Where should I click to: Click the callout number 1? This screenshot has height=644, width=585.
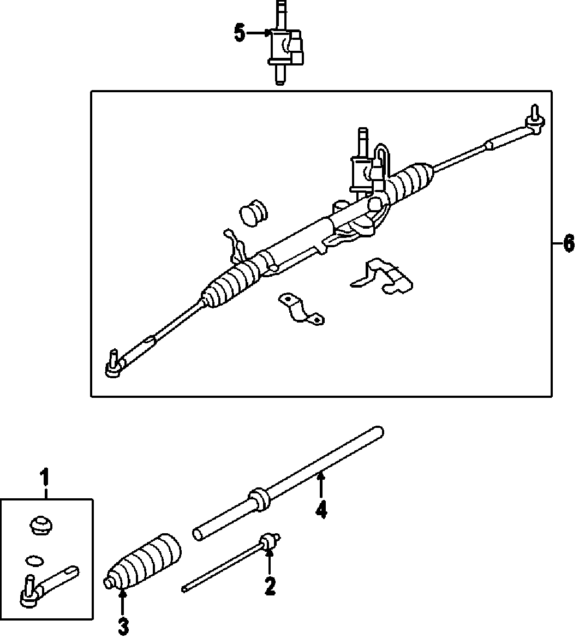pyautogui.click(x=45, y=479)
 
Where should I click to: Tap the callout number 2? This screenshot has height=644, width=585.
pyautogui.click(x=270, y=587)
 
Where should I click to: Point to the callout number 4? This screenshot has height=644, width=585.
pyautogui.click(x=321, y=510)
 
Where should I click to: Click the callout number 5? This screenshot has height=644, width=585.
pyautogui.click(x=240, y=33)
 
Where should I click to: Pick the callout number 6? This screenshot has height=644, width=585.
pyautogui.click(x=569, y=243)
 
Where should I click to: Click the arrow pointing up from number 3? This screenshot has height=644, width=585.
pyautogui.click(x=123, y=603)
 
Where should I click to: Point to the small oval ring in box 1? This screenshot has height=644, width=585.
pyautogui.click(x=34, y=559)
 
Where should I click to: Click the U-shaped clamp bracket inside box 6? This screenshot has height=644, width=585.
pyautogui.click(x=301, y=309)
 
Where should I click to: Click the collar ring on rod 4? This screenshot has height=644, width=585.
pyautogui.click(x=259, y=499)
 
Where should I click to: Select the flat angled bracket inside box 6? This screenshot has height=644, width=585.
pyautogui.click(x=382, y=277)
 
